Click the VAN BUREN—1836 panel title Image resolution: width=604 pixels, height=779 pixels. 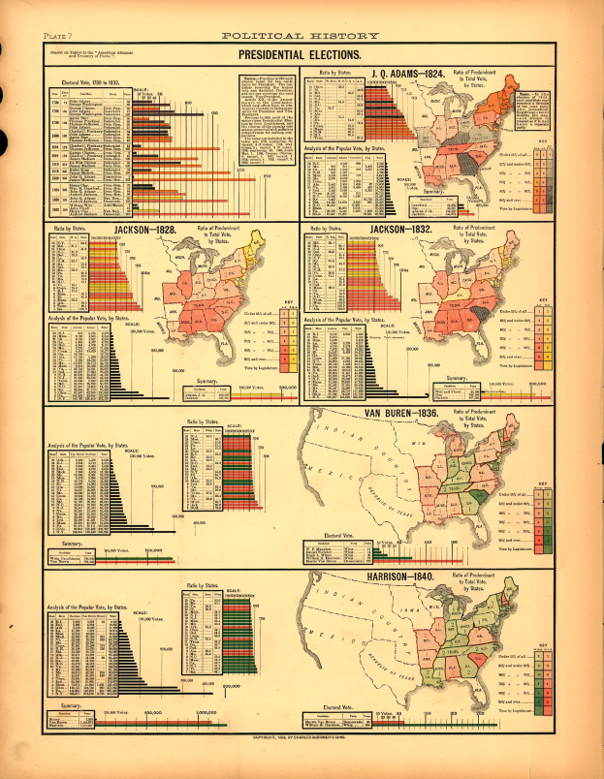(x=400, y=413)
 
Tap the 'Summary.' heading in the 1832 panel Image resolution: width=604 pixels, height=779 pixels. (x=458, y=379)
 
